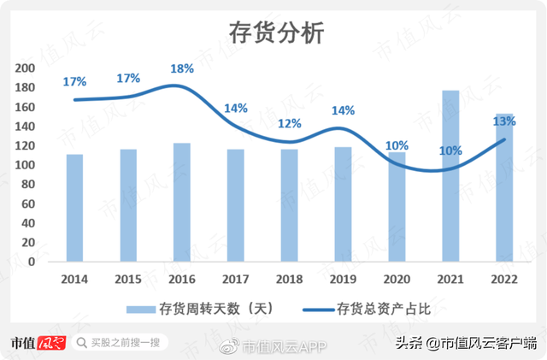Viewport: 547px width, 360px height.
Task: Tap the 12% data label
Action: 290,124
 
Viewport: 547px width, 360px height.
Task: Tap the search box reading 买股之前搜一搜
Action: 119,343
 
